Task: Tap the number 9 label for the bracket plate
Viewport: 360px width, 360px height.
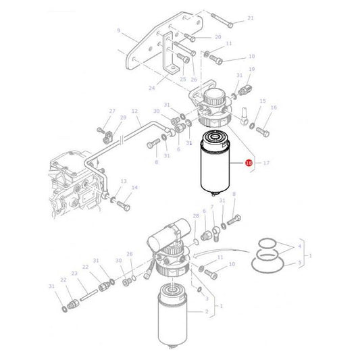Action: [118, 30]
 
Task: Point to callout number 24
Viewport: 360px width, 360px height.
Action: [151, 88]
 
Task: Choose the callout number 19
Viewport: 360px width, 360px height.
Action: [251, 70]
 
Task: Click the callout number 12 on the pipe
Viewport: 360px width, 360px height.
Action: [135, 111]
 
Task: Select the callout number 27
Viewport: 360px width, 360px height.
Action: [113, 111]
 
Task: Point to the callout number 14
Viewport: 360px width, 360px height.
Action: [134, 187]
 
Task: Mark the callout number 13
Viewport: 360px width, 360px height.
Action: [124, 182]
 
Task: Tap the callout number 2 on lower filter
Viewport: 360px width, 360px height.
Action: [207, 312]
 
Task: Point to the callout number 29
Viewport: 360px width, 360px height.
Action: [123, 118]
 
